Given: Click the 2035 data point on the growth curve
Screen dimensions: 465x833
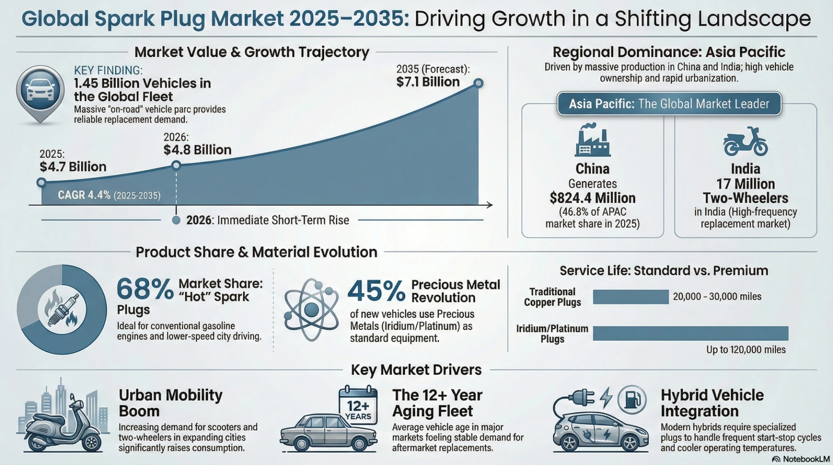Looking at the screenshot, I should pyautogui.click(x=478, y=83).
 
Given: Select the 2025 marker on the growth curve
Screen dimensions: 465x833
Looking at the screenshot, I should pyautogui.click(x=41, y=182).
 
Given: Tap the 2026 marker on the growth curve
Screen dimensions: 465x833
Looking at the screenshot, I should pyautogui.click(x=176, y=166).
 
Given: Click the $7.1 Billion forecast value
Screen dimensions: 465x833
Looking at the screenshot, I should pyautogui.click(x=428, y=82).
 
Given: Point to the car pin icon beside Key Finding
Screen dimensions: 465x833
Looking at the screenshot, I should pyautogui.click(x=40, y=91).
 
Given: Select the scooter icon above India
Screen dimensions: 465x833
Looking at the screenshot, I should pyautogui.click(x=745, y=141).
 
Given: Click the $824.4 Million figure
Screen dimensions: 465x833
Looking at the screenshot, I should pyautogui.click(x=592, y=198).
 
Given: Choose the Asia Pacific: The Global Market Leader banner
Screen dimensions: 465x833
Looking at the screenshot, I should pyautogui.click(x=669, y=104).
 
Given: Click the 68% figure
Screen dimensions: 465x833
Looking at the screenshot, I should pyautogui.click(x=145, y=289).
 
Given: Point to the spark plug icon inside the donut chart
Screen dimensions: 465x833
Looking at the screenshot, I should pyautogui.click(x=62, y=309).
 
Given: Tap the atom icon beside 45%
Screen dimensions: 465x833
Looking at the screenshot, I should pyautogui.click(x=311, y=309).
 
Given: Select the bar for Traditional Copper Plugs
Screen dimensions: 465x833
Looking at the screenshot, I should pyautogui.click(x=630, y=297).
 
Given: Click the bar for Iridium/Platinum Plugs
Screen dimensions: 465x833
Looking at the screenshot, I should pyautogui.click(x=690, y=333).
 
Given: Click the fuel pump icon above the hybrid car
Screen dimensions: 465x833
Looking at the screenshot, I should pyautogui.click(x=632, y=399).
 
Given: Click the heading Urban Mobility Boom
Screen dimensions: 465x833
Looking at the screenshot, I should pyautogui.click(x=170, y=403).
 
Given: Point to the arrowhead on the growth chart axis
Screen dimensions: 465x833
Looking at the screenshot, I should pyautogui.click(x=490, y=205).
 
